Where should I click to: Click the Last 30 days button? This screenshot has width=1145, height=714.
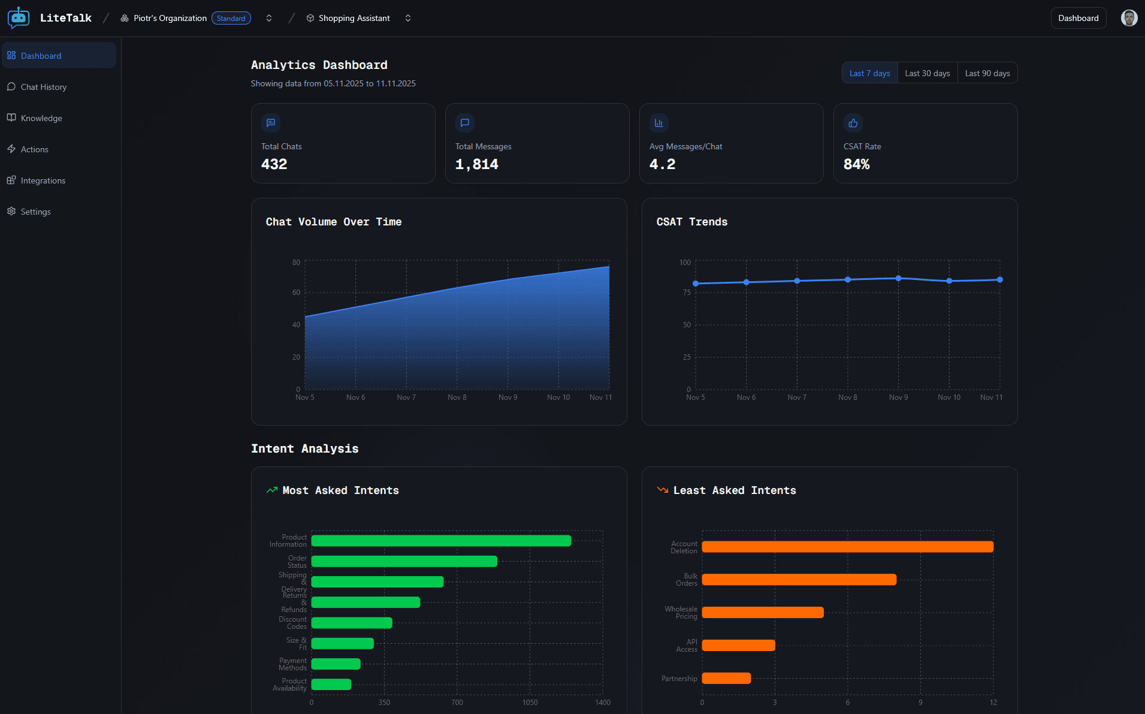(927, 73)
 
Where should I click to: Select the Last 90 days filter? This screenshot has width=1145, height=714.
(987, 73)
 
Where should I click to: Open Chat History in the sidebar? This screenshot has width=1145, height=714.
(43, 87)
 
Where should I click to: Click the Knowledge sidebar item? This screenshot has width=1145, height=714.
(41, 118)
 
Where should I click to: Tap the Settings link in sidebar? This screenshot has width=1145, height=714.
(35, 212)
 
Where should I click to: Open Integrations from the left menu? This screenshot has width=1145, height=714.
(43, 180)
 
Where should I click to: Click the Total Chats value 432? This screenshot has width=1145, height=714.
(274, 164)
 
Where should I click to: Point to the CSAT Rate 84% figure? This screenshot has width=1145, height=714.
(856, 164)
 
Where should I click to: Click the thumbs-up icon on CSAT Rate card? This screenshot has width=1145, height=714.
(853, 123)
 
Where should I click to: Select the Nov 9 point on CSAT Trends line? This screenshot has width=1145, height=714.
(898, 278)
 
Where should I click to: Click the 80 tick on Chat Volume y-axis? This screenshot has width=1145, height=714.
(296, 263)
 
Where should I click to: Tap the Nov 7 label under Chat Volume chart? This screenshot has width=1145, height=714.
(406, 397)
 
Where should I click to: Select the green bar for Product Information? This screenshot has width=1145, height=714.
(441, 541)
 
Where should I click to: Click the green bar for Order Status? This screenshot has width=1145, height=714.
(404, 561)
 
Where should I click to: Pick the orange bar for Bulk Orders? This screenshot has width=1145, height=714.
(799, 580)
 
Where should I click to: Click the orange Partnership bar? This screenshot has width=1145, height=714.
(726, 678)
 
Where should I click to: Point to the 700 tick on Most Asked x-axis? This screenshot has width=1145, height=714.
(457, 703)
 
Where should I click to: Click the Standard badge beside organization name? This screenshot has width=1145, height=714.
(231, 19)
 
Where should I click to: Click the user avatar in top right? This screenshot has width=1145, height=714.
(1129, 18)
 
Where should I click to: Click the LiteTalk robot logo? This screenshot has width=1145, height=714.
(19, 18)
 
